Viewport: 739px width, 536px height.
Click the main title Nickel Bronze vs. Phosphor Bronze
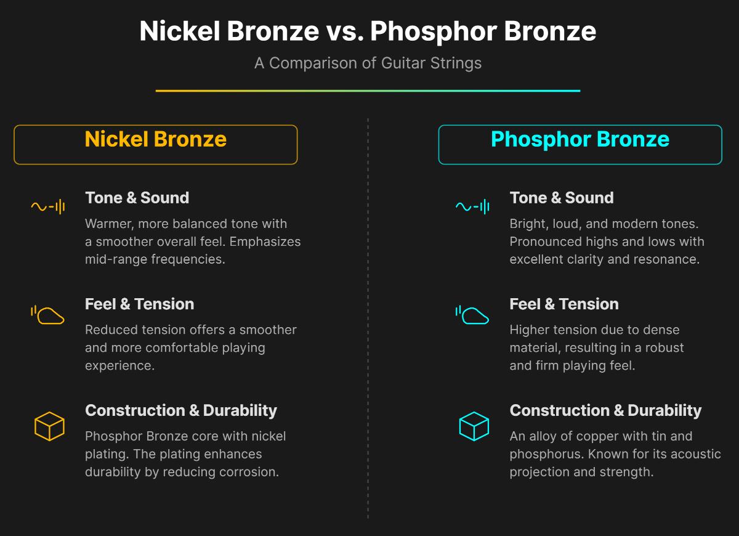(368, 31)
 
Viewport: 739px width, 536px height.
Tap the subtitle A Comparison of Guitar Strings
(368, 63)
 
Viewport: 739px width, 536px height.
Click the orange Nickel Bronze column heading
(155, 139)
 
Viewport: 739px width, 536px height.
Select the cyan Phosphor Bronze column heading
(579, 139)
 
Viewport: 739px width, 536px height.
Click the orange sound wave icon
(48, 207)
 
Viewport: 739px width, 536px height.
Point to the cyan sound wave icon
(472, 207)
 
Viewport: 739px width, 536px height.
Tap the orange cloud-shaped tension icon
(48, 314)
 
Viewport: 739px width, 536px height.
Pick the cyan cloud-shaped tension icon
(472, 314)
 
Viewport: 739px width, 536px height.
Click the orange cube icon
(49, 426)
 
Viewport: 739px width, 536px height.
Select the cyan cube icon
(474, 426)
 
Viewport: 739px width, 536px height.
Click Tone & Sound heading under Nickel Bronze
(137, 198)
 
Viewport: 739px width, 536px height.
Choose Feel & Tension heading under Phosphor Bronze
(563, 304)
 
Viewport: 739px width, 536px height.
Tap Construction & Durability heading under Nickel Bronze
(180, 410)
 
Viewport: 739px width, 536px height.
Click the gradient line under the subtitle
(368, 91)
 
